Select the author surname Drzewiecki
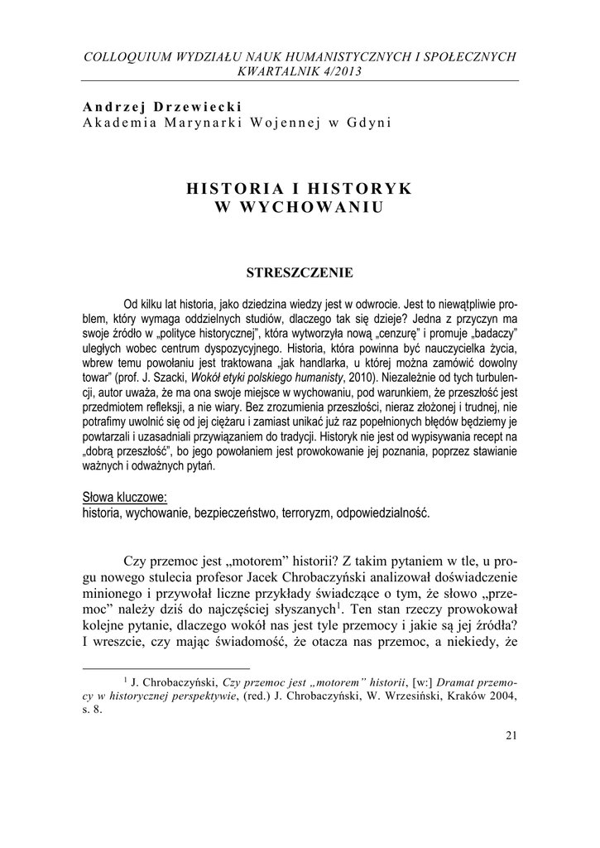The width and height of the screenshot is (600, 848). [x=175, y=107]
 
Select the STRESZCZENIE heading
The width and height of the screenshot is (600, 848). [x=300, y=272]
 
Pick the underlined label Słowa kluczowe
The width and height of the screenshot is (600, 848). [x=125, y=497]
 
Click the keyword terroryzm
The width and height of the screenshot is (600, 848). [x=302, y=512]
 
